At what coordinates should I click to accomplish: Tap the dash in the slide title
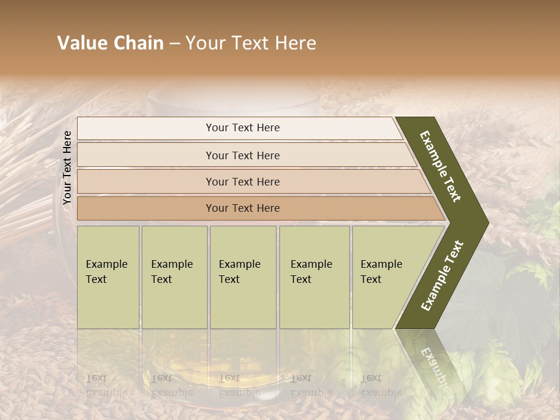coord(174,44)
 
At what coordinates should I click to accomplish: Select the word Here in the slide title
coord(295,43)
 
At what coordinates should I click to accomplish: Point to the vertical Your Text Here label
coord(67,167)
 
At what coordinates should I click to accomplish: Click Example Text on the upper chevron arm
coord(440,166)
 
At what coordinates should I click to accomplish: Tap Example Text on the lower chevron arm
coord(442,276)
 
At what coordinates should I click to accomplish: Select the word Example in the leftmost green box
coord(106,264)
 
